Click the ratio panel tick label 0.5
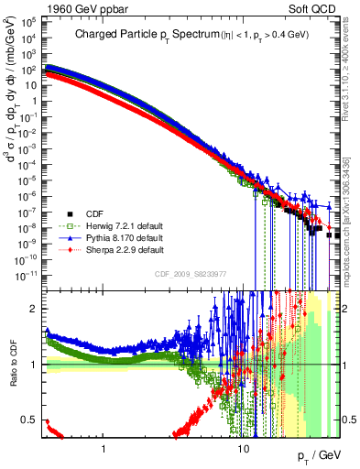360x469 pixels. (x=30, y=420)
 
